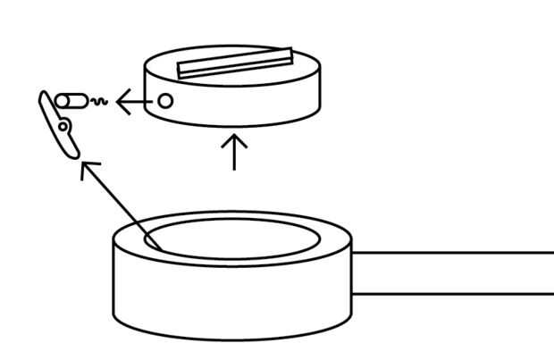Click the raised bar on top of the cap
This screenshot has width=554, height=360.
click(x=235, y=63)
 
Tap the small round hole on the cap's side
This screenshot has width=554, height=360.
click(x=165, y=101)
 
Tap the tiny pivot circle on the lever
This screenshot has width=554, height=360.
click(x=63, y=128)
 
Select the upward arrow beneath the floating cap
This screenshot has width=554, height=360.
click(x=234, y=152)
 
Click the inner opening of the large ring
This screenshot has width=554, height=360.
click(x=232, y=237)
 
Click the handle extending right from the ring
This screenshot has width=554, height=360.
click(x=456, y=272)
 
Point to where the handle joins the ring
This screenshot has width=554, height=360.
click(x=353, y=272)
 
